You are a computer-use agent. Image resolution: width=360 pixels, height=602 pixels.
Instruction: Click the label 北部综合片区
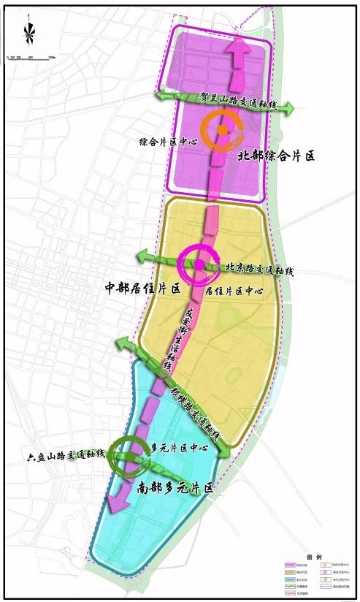(x=275, y=156)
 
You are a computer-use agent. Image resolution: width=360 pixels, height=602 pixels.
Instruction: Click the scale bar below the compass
(x=29, y=56)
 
